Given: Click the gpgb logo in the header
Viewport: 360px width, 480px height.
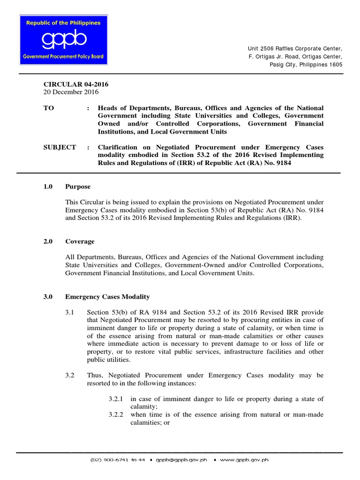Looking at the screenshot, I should coord(63,40).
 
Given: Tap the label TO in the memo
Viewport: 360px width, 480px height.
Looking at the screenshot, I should coord(49,108).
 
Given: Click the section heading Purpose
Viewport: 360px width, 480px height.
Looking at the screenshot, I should coord(78,187).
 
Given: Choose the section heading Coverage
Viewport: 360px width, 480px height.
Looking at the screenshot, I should coord(80,241).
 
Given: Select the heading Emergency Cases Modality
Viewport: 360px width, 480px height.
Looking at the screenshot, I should coord(107,297).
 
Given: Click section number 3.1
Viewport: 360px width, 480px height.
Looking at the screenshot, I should coord(70,312).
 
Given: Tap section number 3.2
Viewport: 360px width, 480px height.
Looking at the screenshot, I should coord(70,375).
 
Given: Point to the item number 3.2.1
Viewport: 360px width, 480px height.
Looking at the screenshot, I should coord(115,399).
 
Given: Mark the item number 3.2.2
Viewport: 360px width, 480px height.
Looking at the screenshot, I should coord(115,415).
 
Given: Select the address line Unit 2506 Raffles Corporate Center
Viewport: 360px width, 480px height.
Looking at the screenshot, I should coord(295,49).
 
